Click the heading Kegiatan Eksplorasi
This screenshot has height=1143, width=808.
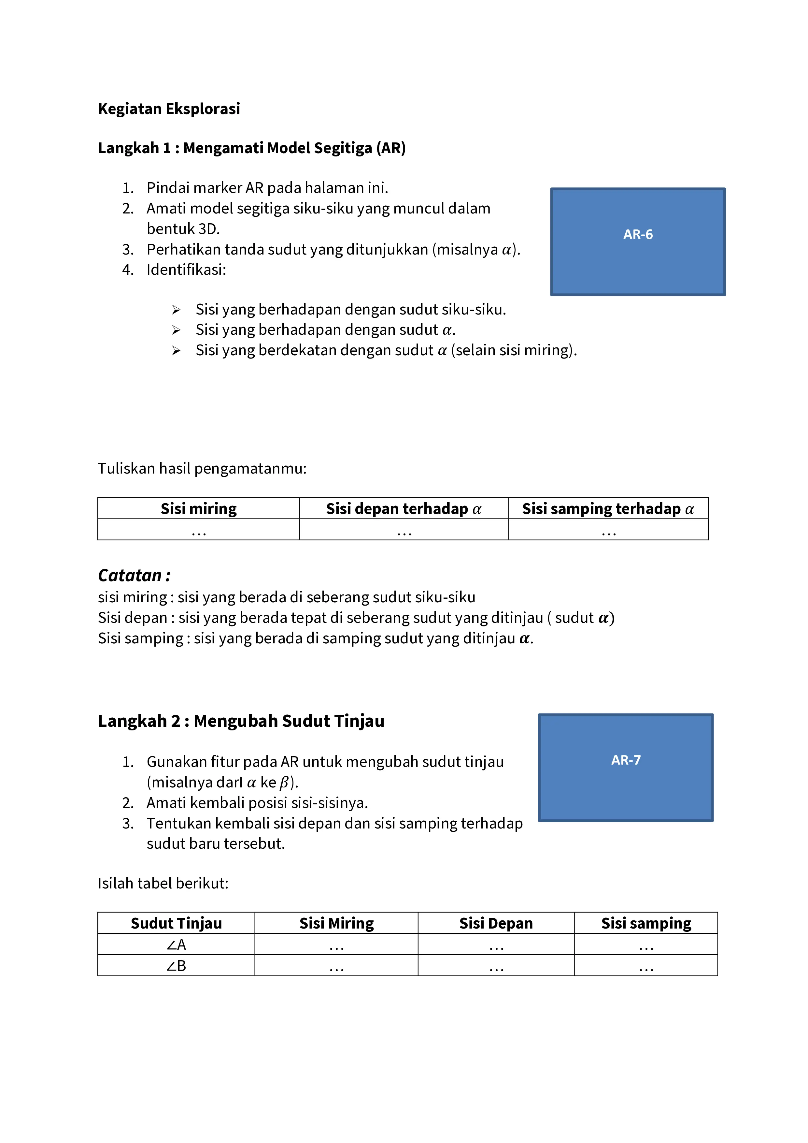[x=169, y=109]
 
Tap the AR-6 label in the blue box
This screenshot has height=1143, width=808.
[x=638, y=234]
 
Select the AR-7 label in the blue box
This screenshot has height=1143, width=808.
[x=626, y=760]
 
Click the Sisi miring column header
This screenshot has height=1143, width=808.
[x=199, y=509]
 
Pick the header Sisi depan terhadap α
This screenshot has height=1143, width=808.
[x=404, y=509]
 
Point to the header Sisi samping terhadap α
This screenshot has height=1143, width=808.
[x=608, y=509]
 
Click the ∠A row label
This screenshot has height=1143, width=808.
[x=176, y=945]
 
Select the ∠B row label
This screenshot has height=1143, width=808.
[x=176, y=966]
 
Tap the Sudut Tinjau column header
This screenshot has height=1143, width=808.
[x=176, y=923]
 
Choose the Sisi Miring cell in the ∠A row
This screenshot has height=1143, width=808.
[x=336, y=945]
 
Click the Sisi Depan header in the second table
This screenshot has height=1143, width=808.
[x=496, y=923]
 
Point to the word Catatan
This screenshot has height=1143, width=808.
[x=130, y=576]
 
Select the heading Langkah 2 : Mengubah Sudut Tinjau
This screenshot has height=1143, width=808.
[x=241, y=721]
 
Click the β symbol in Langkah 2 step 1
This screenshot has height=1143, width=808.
[x=284, y=783]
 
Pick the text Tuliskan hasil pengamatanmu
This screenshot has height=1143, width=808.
[x=202, y=468]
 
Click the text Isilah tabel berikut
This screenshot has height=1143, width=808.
[x=163, y=883]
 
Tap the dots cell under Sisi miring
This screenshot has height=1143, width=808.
[x=199, y=531]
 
